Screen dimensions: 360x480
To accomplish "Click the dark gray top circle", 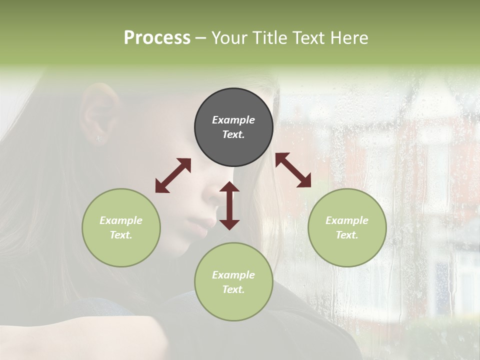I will pos(233,127).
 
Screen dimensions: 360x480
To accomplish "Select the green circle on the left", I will pos(121,227).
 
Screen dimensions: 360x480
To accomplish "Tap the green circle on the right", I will pos(347,227).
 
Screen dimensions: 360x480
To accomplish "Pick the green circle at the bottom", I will pos(233,282).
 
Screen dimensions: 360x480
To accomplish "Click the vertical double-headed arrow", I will pos(229,205).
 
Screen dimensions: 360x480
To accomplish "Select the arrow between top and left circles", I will pos(173,175).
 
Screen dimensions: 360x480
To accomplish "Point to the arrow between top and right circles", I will pos(293,170).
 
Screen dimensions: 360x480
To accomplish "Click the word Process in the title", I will pos(157,38).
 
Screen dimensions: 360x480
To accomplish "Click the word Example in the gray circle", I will pos(233,120).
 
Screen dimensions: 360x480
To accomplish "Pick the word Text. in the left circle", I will pos(121,235).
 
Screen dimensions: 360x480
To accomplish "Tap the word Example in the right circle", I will pos(347,220).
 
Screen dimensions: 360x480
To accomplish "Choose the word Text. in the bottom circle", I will pos(233,289).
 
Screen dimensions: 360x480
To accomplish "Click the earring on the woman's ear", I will pos(98,139).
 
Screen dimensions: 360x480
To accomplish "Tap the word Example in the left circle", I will pos(121,220).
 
